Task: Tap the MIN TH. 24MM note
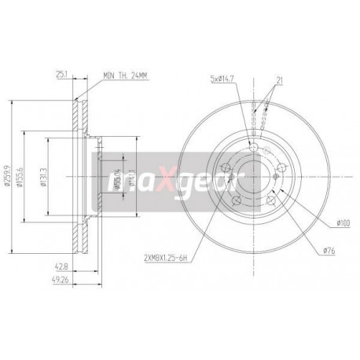pos(126,76)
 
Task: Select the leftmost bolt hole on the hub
pos(225,164)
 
